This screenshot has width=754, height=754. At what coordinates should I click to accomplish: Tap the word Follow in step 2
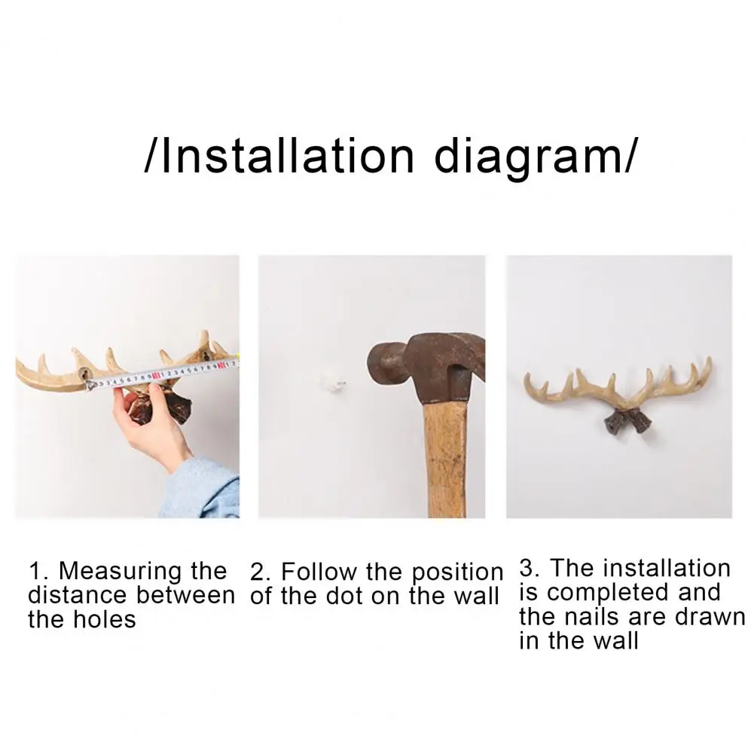coord(320,572)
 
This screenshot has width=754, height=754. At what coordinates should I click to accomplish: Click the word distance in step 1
coord(75,595)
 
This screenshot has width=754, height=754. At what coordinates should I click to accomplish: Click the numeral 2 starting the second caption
coord(258,572)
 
